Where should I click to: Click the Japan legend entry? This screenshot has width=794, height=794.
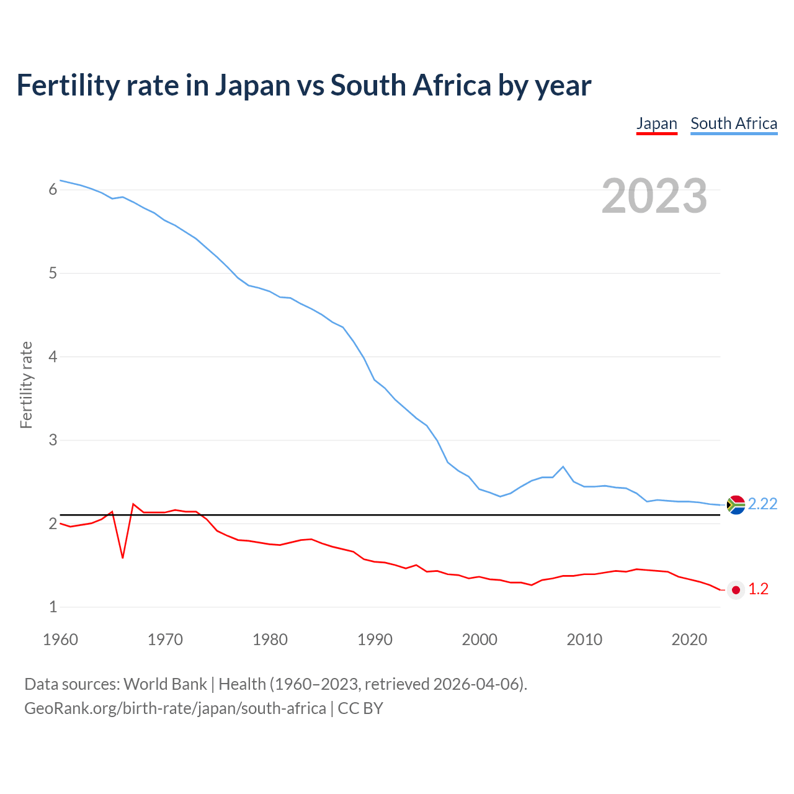tap(656, 123)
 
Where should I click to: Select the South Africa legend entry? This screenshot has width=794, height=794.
tap(734, 123)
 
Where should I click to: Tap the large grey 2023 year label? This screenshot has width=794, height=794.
tap(654, 196)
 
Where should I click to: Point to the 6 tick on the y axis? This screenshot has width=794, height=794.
tap(53, 189)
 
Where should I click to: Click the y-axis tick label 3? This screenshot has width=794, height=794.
tap(53, 440)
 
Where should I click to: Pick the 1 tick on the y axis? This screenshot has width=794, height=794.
tap(53, 607)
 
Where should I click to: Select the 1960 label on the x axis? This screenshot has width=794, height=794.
tap(60, 640)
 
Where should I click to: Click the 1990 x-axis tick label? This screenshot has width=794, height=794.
tap(375, 640)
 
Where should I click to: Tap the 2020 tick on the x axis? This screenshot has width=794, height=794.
tap(689, 640)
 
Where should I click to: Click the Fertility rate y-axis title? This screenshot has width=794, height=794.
tap(26, 385)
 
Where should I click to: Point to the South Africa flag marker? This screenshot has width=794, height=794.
tap(736, 505)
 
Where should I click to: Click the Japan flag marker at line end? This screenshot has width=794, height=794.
tap(736, 590)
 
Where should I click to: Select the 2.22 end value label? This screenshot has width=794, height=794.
tap(762, 504)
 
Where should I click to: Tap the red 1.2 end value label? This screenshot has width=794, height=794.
tap(758, 589)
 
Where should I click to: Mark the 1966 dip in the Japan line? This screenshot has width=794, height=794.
tap(123, 557)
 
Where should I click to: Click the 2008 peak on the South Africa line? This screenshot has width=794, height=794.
tap(563, 466)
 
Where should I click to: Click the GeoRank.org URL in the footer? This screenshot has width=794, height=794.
tap(175, 708)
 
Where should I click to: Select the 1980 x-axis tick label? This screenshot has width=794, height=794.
tap(270, 640)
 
